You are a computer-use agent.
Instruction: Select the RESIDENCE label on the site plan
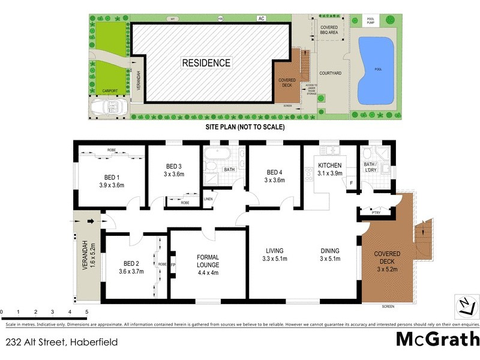pyautogui.click(x=206, y=62)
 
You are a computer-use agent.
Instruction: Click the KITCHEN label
pyautogui.click(x=330, y=165)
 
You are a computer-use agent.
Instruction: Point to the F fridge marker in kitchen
pyautogui.click(x=351, y=182)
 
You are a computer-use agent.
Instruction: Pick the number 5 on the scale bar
pyautogui.click(x=87, y=313)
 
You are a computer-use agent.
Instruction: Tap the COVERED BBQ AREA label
pyautogui.click(x=328, y=30)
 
